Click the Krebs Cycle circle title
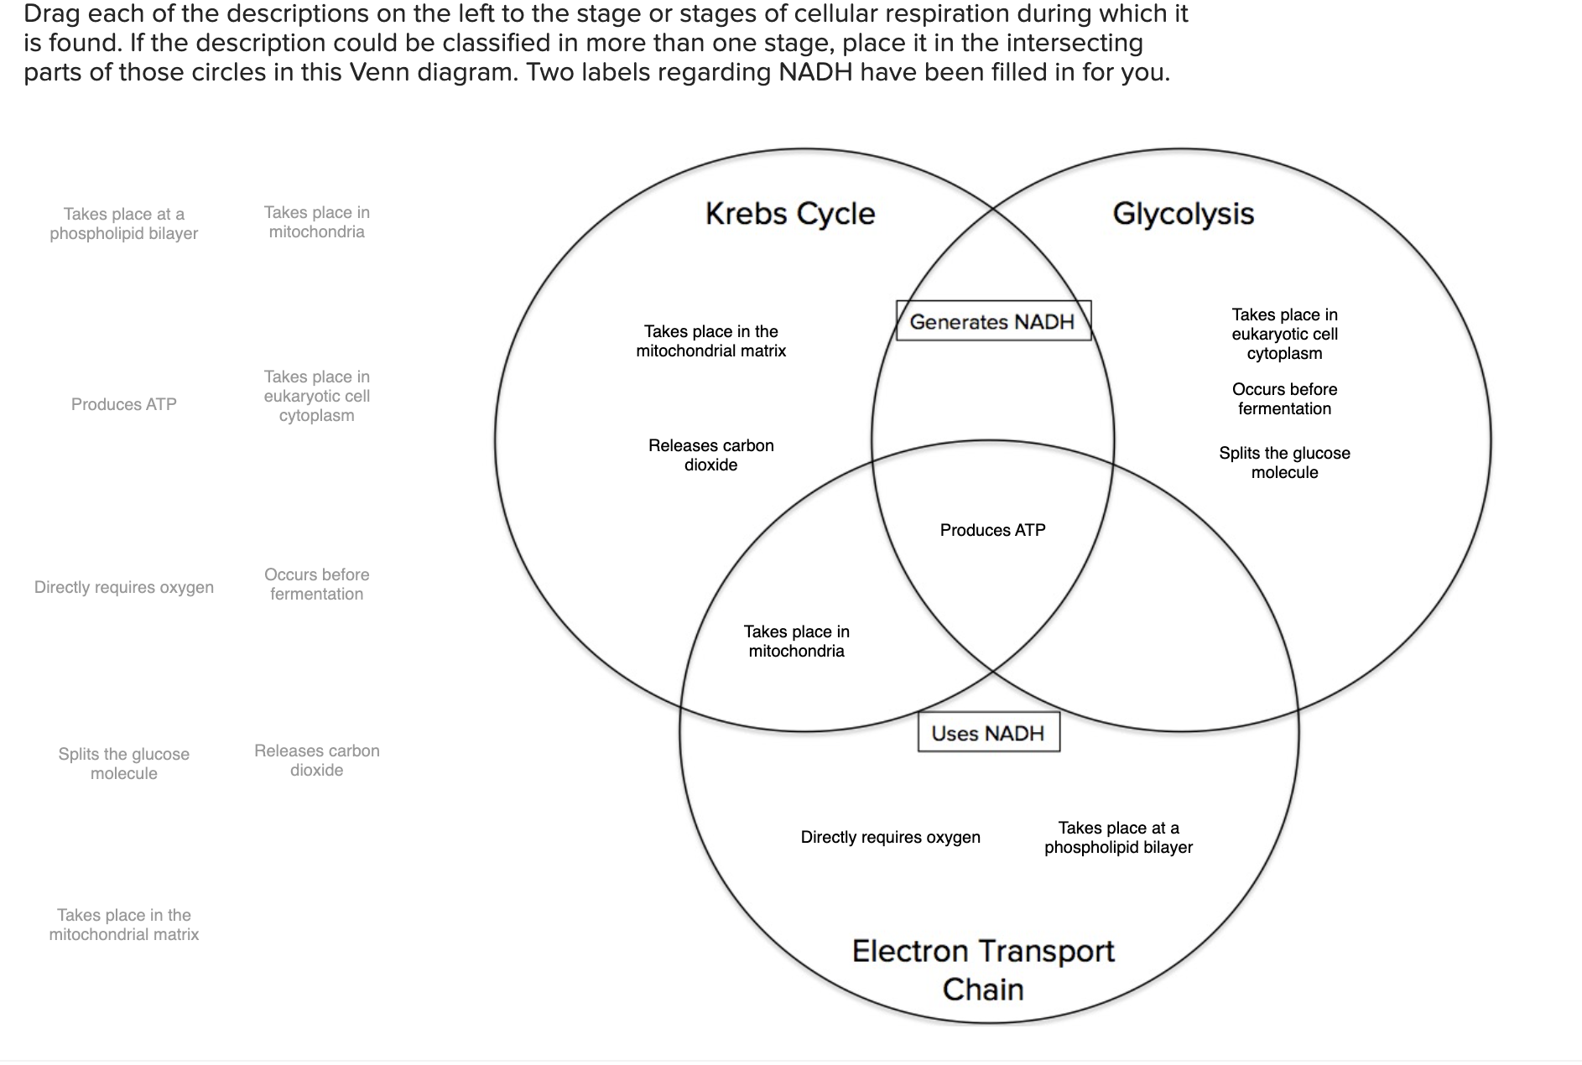pyautogui.click(x=789, y=214)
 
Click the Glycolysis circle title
pyautogui.click(x=1183, y=214)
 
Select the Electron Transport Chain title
pyautogui.click(x=983, y=970)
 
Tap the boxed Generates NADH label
pyautogui.click(x=992, y=322)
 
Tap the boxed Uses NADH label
pyautogui.click(x=988, y=733)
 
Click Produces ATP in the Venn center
pyautogui.click(x=992, y=530)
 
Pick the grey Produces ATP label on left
pyautogui.click(x=124, y=404)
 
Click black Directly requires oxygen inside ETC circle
pyautogui.click(x=890, y=837)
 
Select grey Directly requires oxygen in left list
pyautogui.click(x=124, y=587)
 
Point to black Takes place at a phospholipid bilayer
pyautogui.click(x=1118, y=838)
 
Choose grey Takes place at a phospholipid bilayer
pyautogui.click(x=124, y=224)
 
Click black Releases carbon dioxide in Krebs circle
pyautogui.click(x=710, y=455)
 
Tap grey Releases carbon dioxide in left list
pyautogui.click(x=316, y=761)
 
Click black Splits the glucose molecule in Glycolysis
pyautogui.click(x=1284, y=463)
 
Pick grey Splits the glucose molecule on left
pyautogui.click(x=124, y=764)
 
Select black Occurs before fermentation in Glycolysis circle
pyautogui.click(x=1284, y=399)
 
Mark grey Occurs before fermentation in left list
pyautogui.click(x=316, y=584)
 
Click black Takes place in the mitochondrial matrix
pyautogui.click(x=710, y=341)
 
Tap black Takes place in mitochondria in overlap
pyautogui.click(x=796, y=642)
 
